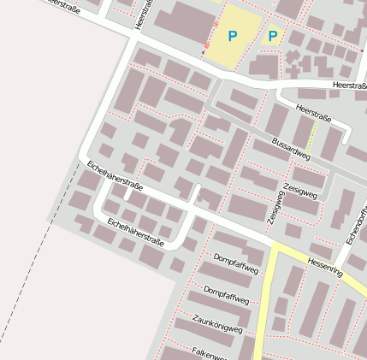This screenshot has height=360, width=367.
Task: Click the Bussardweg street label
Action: [291, 147]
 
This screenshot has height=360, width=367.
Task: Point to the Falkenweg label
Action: [209, 353]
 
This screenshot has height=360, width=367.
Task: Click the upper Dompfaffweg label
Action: [235, 263]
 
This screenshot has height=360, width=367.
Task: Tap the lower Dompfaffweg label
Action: [227, 295]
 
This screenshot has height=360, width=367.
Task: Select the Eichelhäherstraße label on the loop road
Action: [134, 231]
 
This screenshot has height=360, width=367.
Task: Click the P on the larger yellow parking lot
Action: [233, 36]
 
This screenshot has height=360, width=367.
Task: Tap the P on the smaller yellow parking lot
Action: [273, 36]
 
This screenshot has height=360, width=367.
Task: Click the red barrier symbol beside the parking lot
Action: [206, 45]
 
